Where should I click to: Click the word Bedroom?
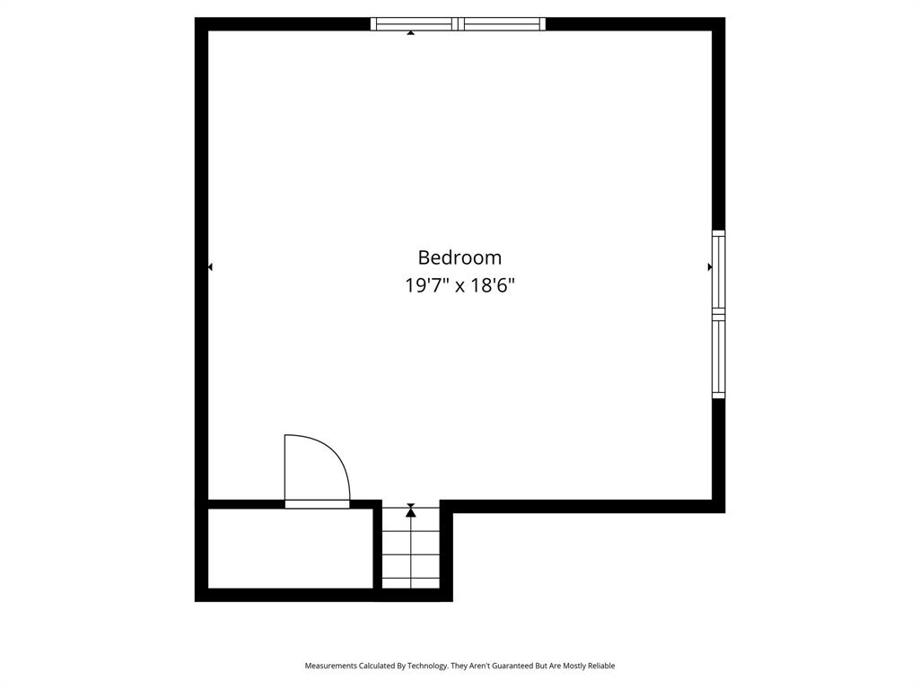tap(459, 257)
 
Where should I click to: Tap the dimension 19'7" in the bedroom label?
tap(427, 285)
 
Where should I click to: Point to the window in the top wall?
tap(458, 24)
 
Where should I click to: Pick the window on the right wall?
tap(719, 315)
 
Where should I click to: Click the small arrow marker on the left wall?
tap(210, 267)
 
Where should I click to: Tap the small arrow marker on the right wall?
tap(710, 267)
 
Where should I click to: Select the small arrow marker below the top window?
tap(411, 33)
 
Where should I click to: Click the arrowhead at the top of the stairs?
tap(411, 512)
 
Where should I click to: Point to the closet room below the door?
tap(291, 548)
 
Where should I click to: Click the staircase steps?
tap(411, 548)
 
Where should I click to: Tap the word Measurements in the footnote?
tap(331, 666)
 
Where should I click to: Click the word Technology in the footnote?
tap(427, 666)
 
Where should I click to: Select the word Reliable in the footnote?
tap(600, 666)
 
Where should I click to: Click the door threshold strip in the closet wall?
tap(317, 504)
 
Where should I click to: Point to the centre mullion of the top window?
tap(459, 24)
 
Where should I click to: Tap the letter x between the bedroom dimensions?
tap(460, 286)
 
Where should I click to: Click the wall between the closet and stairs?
tap(378, 548)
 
